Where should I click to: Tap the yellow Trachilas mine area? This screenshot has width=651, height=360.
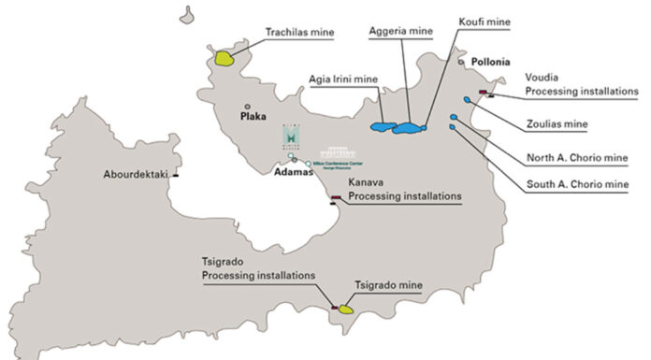click(x=224, y=58)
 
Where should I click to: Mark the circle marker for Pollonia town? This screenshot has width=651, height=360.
click(x=461, y=62)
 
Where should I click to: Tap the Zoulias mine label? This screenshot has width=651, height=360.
click(x=554, y=122)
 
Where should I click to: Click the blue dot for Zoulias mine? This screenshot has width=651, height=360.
click(x=467, y=100)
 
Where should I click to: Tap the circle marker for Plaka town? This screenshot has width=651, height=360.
click(x=247, y=107)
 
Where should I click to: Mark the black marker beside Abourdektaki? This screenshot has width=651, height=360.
click(x=176, y=174)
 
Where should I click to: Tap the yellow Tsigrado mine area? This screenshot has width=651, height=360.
click(x=345, y=308)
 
